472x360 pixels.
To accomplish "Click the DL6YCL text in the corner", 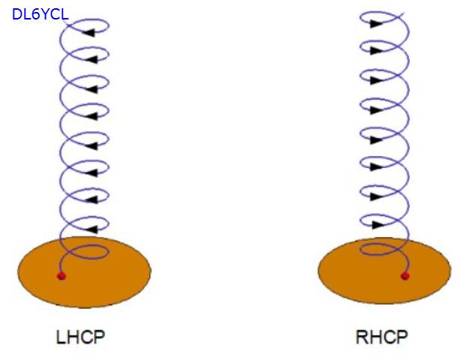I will [x=40, y=13].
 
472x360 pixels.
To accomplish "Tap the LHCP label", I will [x=80, y=337].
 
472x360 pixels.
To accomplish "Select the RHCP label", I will [x=381, y=337].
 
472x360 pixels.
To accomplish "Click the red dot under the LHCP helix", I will [x=62, y=276].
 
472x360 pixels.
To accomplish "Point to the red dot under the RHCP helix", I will [x=405, y=276].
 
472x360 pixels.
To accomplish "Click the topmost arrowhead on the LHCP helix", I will [x=90, y=32].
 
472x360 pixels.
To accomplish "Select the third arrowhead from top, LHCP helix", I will [x=91, y=88].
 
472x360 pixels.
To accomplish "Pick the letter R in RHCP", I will [x=362, y=337].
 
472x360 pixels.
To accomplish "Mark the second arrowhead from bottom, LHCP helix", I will [x=91, y=200].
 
